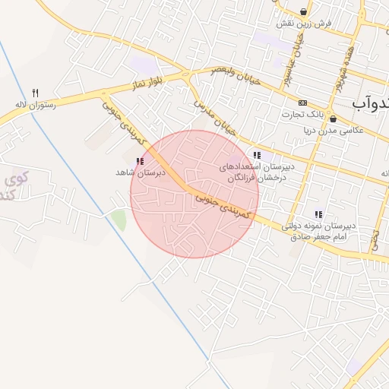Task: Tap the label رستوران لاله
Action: (35, 105)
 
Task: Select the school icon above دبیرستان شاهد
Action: (139, 161)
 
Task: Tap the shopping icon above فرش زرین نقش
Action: (305, 11)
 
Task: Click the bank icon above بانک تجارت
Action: (303, 103)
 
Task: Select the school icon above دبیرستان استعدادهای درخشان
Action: (257, 155)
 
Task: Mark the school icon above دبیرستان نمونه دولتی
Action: (318, 214)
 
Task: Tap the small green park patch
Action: (118, 220)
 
